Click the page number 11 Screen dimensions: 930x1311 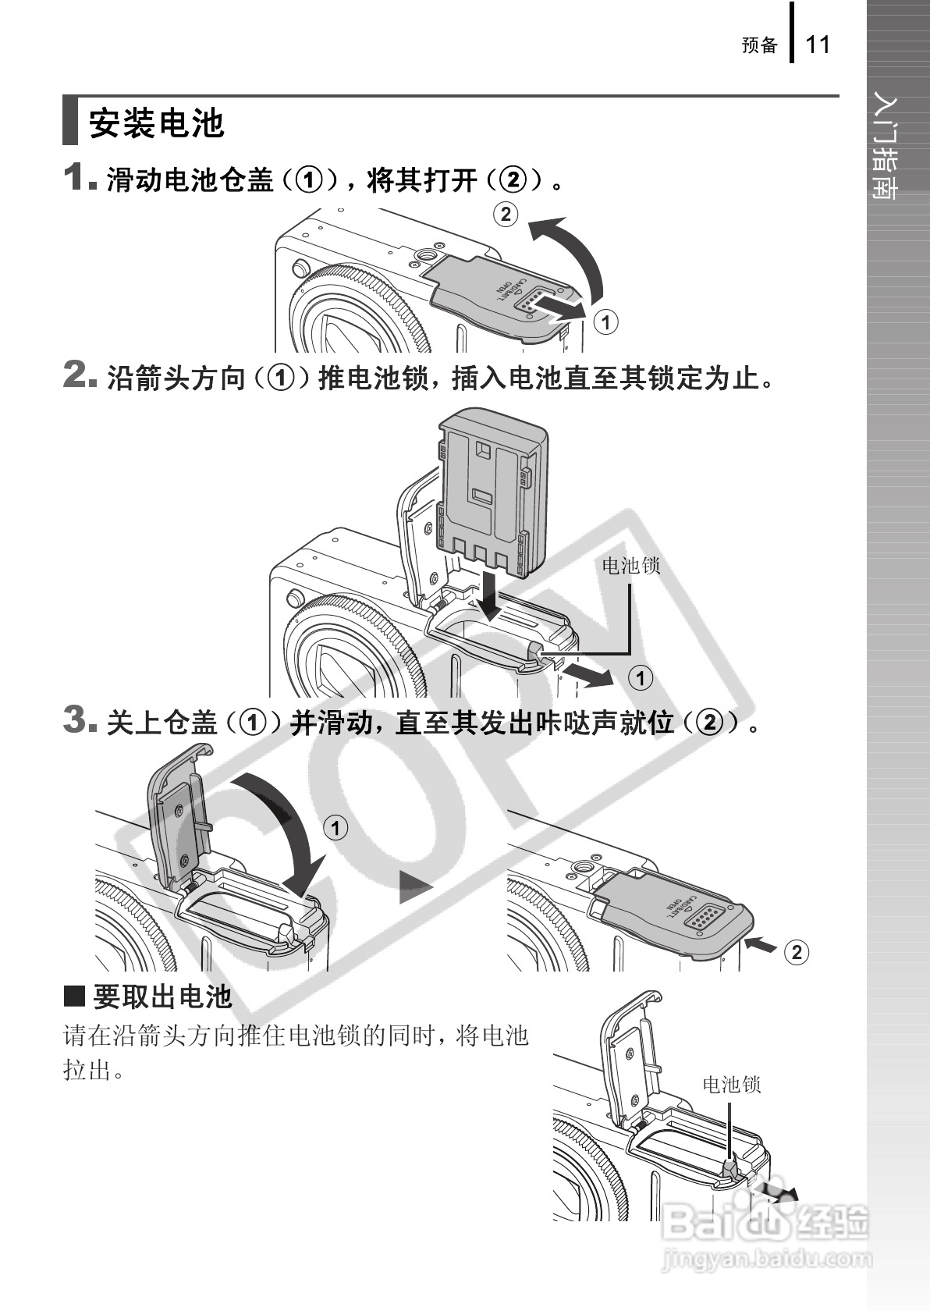click(818, 44)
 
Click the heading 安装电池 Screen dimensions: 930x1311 click(156, 123)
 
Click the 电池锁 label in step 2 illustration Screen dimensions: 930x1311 click(630, 565)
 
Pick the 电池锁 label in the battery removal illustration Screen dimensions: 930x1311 click(731, 1085)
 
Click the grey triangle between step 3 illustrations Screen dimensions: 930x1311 click(415, 887)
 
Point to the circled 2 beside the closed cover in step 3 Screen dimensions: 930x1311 click(797, 952)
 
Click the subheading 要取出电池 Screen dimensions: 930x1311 click(163, 997)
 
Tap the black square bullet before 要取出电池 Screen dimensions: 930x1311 click(74, 997)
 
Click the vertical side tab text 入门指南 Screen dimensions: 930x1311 click(884, 145)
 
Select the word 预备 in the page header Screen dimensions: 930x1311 click(760, 45)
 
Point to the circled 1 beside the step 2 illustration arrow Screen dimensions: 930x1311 click(641, 678)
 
